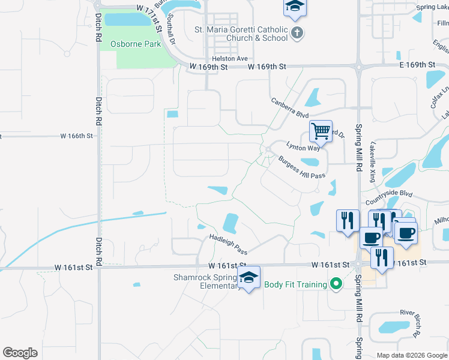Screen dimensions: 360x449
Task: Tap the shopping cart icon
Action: click(x=321, y=130)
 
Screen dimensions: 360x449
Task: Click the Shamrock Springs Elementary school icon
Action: click(x=249, y=277)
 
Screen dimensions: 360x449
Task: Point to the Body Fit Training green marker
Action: click(x=337, y=284)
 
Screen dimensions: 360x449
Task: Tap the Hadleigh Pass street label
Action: click(x=228, y=244)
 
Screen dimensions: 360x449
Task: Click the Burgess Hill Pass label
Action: click(x=301, y=167)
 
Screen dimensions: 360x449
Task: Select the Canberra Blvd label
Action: click(x=289, y=108)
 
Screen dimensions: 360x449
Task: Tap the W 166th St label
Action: click(x=77, y=136)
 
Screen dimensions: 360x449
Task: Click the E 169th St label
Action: click(x=412, y=64)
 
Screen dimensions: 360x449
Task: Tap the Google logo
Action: click(x=20, y=353)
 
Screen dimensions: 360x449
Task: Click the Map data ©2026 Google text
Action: click(x=411, y=355)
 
